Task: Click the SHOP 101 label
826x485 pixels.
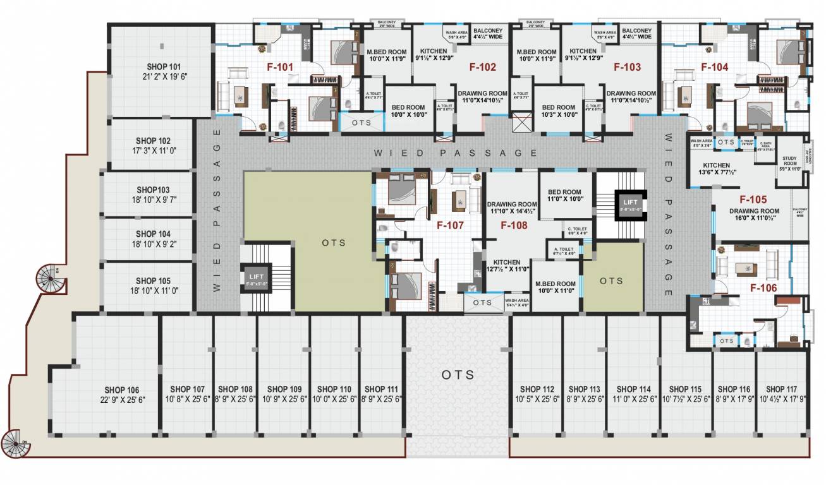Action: click(163, 66)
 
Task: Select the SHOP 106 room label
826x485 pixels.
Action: click(121, 390)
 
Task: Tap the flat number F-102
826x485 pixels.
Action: click(482, 67)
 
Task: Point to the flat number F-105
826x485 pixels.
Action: click(753, 198)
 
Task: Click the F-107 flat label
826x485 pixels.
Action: click(450, 224)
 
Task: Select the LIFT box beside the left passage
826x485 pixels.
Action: click(255, 278)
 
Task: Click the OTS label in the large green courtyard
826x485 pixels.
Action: click(333, 242)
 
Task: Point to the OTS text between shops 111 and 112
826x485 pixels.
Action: click(458, 374)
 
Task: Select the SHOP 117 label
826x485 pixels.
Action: click(782, 389)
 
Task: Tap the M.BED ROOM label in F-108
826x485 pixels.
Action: click(555, 284)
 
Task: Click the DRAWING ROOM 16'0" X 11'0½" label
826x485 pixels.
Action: click(753, 214)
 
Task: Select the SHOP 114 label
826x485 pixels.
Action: click(633, 389)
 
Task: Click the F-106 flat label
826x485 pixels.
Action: click(763, 287)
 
